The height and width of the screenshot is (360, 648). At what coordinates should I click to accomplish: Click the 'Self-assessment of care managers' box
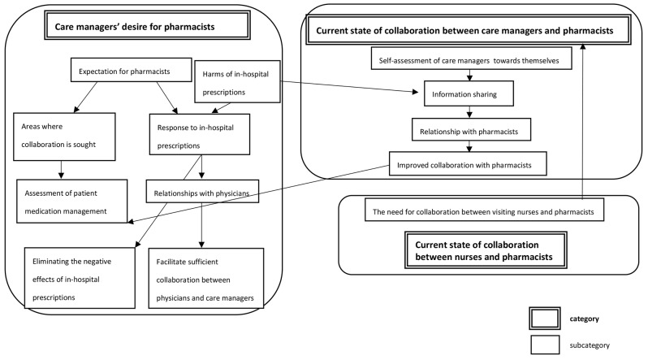pos(469,60)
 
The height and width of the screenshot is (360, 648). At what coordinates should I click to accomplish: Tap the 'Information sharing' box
pos(469,94)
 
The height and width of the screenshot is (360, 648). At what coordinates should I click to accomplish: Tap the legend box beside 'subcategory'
pos(551,344)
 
